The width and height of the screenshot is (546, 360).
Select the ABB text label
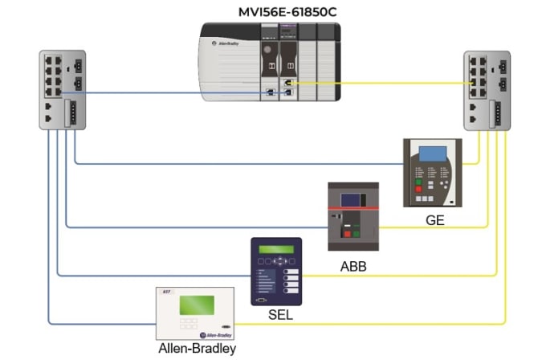(352, 264)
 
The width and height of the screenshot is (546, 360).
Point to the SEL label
(280, 315)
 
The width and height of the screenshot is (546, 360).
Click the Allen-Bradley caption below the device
(194, 349)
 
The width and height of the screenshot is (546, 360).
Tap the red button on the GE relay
(418, 190)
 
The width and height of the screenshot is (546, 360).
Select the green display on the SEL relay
(275, 249)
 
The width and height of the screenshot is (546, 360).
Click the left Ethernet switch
(63, 89)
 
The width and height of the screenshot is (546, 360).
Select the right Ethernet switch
(487, 89)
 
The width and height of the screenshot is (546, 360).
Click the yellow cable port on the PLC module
(287, 83)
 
